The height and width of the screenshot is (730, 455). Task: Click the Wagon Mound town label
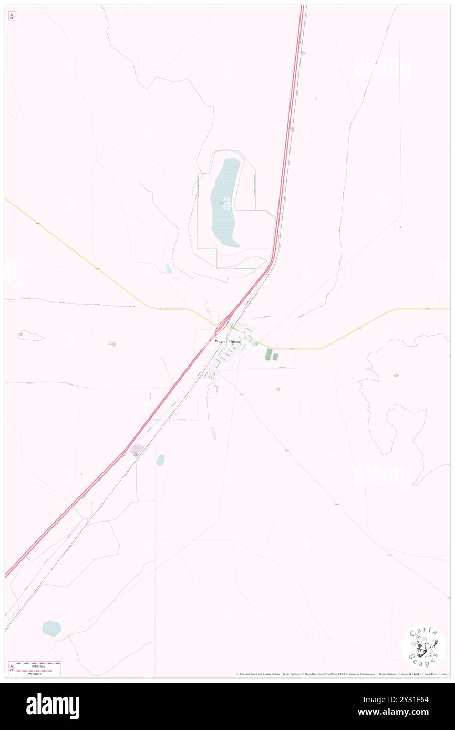click(x=227, y=342)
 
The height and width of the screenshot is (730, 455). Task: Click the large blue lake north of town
click(x=225, y=202)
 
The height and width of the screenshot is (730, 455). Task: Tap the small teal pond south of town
click(x=160, y=460)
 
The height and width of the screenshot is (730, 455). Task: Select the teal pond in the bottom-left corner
click(x=51, y=628)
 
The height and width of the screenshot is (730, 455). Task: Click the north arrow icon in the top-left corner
click(x=12, y=16)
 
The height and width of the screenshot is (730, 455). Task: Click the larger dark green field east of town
click(x=269, y=354)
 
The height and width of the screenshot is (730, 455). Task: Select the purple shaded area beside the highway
click(x=137, y=450)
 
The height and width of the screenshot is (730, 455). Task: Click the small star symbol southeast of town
click(x=278, y=389)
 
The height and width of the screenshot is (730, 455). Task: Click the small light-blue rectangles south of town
click(x=213, y=433)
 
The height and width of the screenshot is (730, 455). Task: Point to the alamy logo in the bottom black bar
click(x=53, y=706)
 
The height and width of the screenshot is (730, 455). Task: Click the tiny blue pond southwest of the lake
click(x=168, y=268)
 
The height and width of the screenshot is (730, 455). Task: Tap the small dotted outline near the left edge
click(x=31, y=335)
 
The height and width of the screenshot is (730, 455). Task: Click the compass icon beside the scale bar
click(x=12, y=669)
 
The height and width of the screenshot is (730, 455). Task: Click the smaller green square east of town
click(x=275, y=357)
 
